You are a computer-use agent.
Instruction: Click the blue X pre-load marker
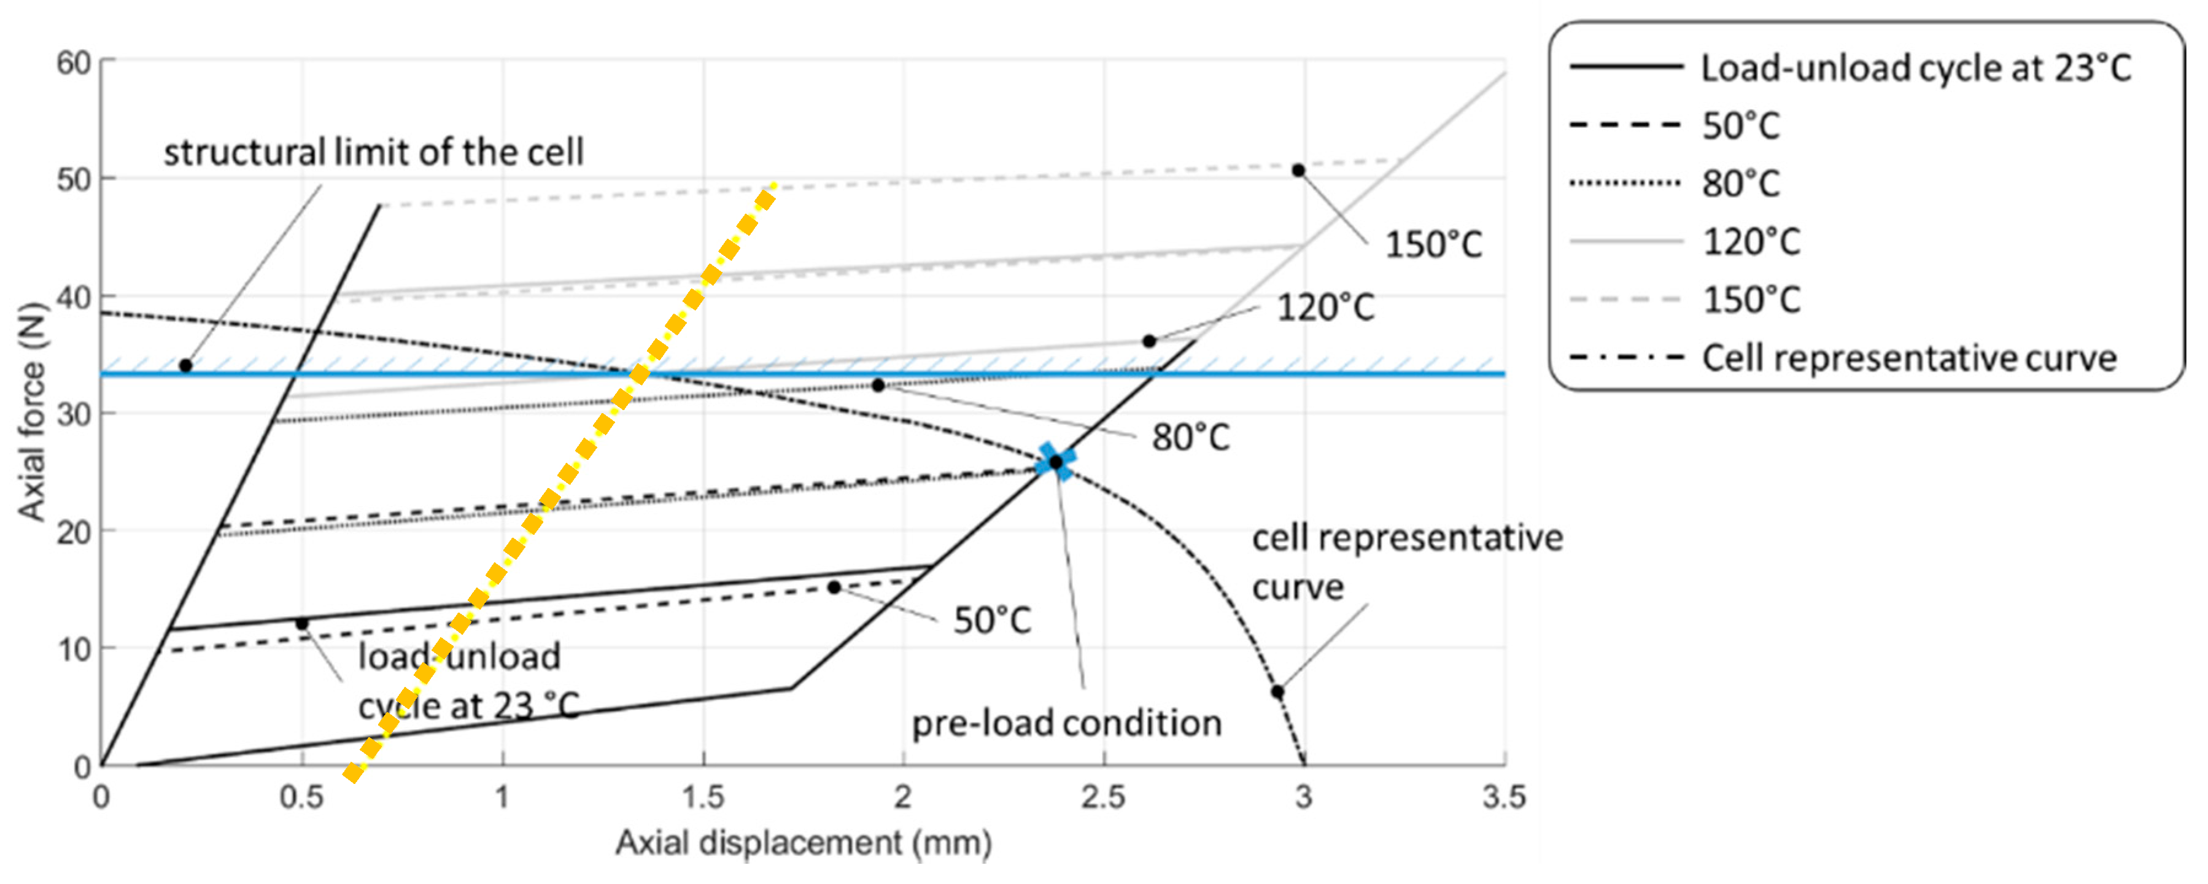coord(1055,462)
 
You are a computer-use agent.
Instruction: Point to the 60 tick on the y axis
coord(74,63)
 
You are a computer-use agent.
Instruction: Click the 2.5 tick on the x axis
coord(1103,797)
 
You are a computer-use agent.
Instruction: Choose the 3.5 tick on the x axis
coord(1505,797)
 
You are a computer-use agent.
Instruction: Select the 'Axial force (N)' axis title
coord(32,411)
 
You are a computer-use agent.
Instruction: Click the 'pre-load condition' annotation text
coord(1066,723)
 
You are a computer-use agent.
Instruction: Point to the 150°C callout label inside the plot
coord(1433,245)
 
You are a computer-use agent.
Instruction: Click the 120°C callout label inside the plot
coord(1325,308)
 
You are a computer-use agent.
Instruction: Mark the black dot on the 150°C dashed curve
coord(1298,171)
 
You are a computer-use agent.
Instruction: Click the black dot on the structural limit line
coord(185,366)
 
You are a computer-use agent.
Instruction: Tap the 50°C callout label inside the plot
coord(992,620)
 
